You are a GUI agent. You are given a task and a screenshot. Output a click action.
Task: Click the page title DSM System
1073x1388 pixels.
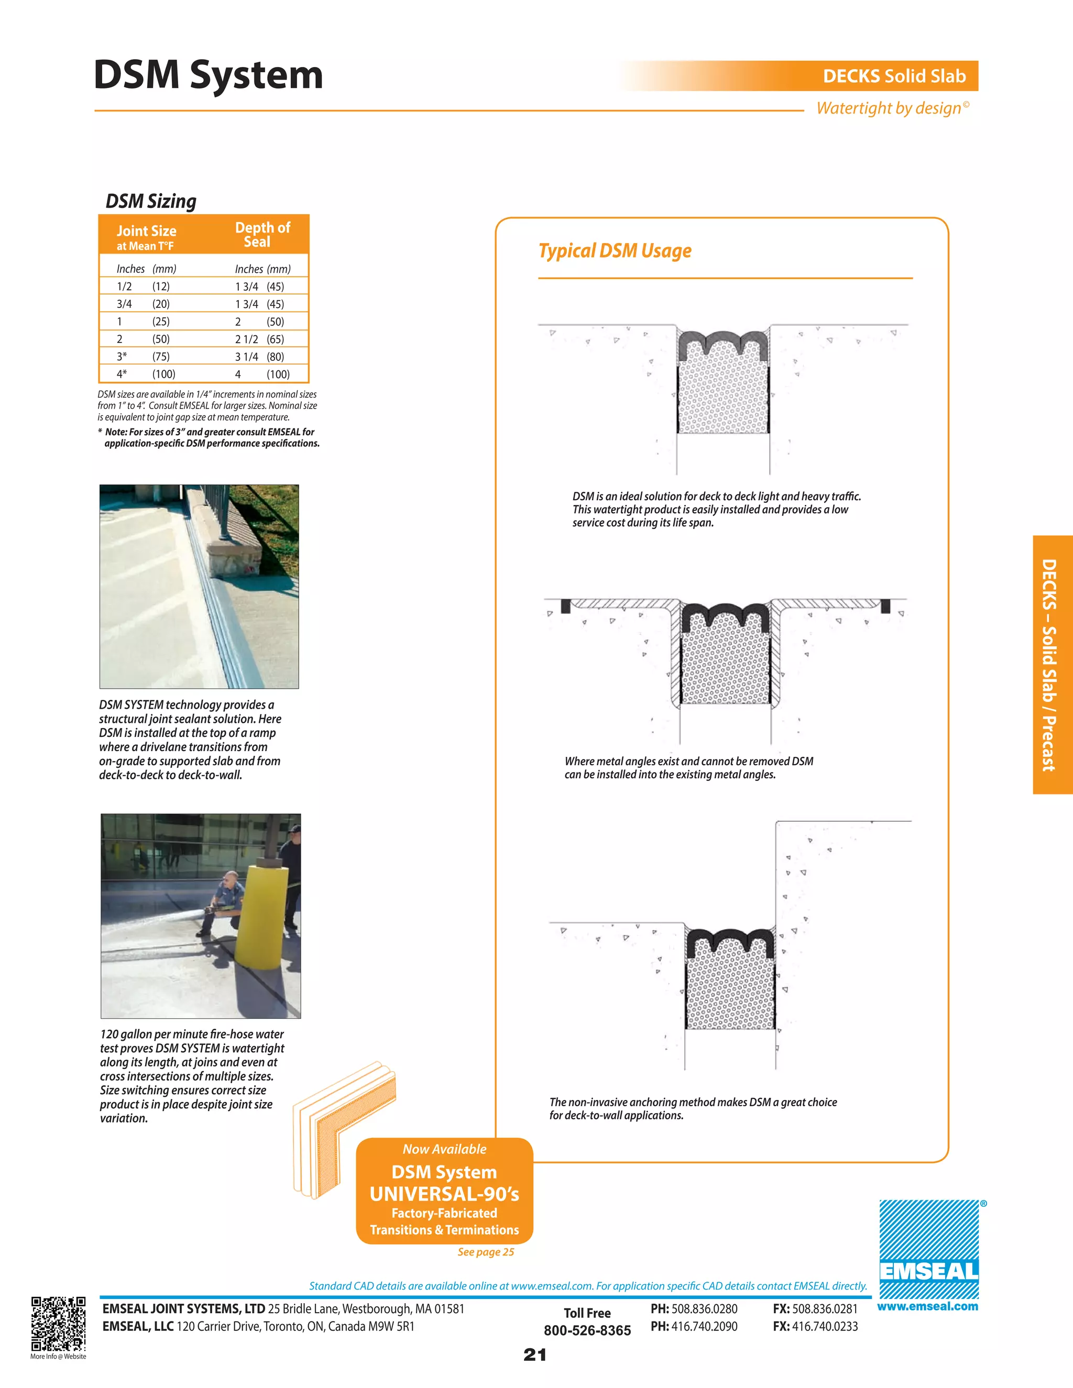click(x=208, y=75)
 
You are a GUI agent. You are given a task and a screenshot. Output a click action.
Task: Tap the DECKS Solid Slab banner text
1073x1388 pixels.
click(x=894, y=76)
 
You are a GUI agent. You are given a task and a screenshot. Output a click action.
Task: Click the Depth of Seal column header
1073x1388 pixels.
click(x=262, y=235)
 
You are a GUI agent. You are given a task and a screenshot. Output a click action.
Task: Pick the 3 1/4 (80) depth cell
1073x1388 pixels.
click(x=259, y=357)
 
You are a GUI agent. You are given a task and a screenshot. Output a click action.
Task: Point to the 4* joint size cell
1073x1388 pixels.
click(x=122, y=374)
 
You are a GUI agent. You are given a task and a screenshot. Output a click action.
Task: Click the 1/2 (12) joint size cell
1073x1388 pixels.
click(x=143, y=287)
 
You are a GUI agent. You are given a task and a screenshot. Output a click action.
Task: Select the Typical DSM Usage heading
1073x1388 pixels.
click(x=615, y=251)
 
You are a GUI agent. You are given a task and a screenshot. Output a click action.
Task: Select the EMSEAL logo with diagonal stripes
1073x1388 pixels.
click(x=929, y=1249)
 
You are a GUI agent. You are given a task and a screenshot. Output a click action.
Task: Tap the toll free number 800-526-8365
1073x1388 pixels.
click(x=587, y=1331)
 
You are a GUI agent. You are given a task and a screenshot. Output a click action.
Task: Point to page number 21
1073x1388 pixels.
click(x=534, y=1355)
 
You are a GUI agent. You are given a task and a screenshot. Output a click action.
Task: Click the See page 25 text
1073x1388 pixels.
click(x=486, y=1252)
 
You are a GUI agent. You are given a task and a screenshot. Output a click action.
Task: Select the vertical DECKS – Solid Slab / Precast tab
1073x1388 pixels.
click(x=1052, y=665)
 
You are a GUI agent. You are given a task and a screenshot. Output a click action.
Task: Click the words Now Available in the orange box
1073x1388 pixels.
click(x=444, y=1149)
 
